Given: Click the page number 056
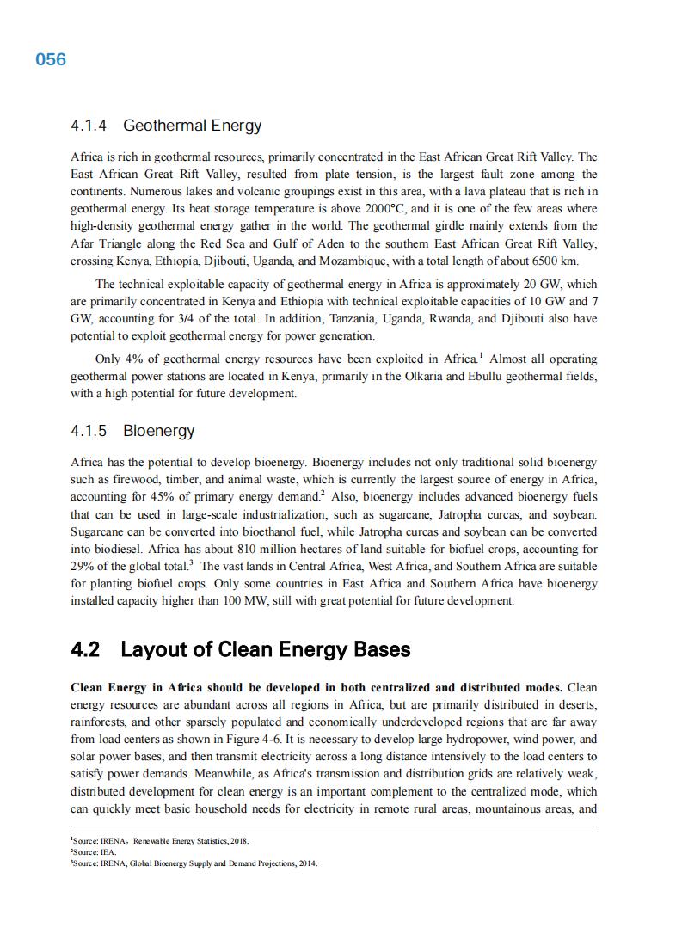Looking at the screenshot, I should [51, 59].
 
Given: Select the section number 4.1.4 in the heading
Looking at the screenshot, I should [89, 126].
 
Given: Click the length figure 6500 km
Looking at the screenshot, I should [551, 261].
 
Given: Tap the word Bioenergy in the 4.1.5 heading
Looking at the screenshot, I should [159, 431].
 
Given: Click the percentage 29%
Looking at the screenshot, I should [83, 567].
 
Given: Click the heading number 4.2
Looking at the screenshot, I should [85, 649].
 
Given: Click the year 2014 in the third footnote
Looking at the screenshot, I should [306, 863].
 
